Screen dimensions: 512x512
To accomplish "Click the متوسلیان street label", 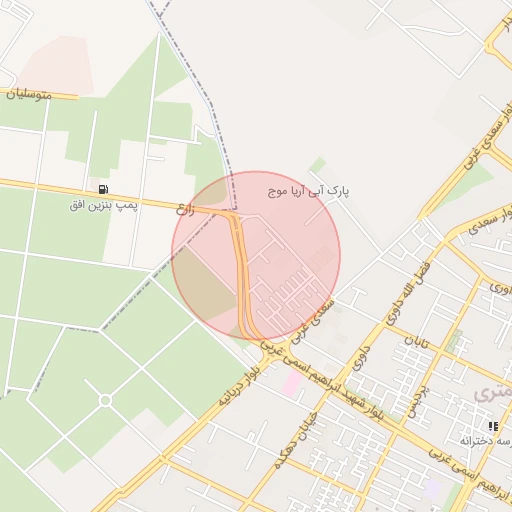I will pyautogui.click(x=31, y=96).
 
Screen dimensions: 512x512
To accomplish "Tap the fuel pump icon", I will pyautogui.click(x=103, y=188).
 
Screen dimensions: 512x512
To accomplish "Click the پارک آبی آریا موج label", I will pyautogui.click(x=310, y=189).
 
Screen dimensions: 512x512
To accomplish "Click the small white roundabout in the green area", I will pyautogui.click(x=105, y=401).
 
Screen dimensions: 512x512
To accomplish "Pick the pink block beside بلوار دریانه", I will pyautogui.click(x=292, y=384).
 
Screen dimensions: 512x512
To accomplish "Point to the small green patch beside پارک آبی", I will pyautogui.click(x=317, y=164).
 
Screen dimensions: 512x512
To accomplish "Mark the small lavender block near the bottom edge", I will pyautogui.click(x=432, y=489).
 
